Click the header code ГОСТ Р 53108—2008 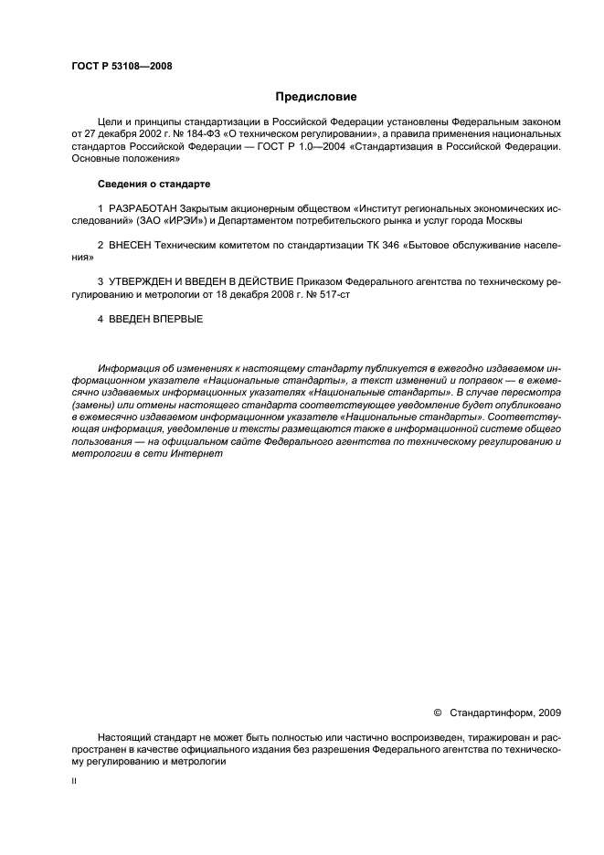[122, 66]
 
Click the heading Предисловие [316, 95]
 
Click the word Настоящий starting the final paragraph [125, 737]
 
